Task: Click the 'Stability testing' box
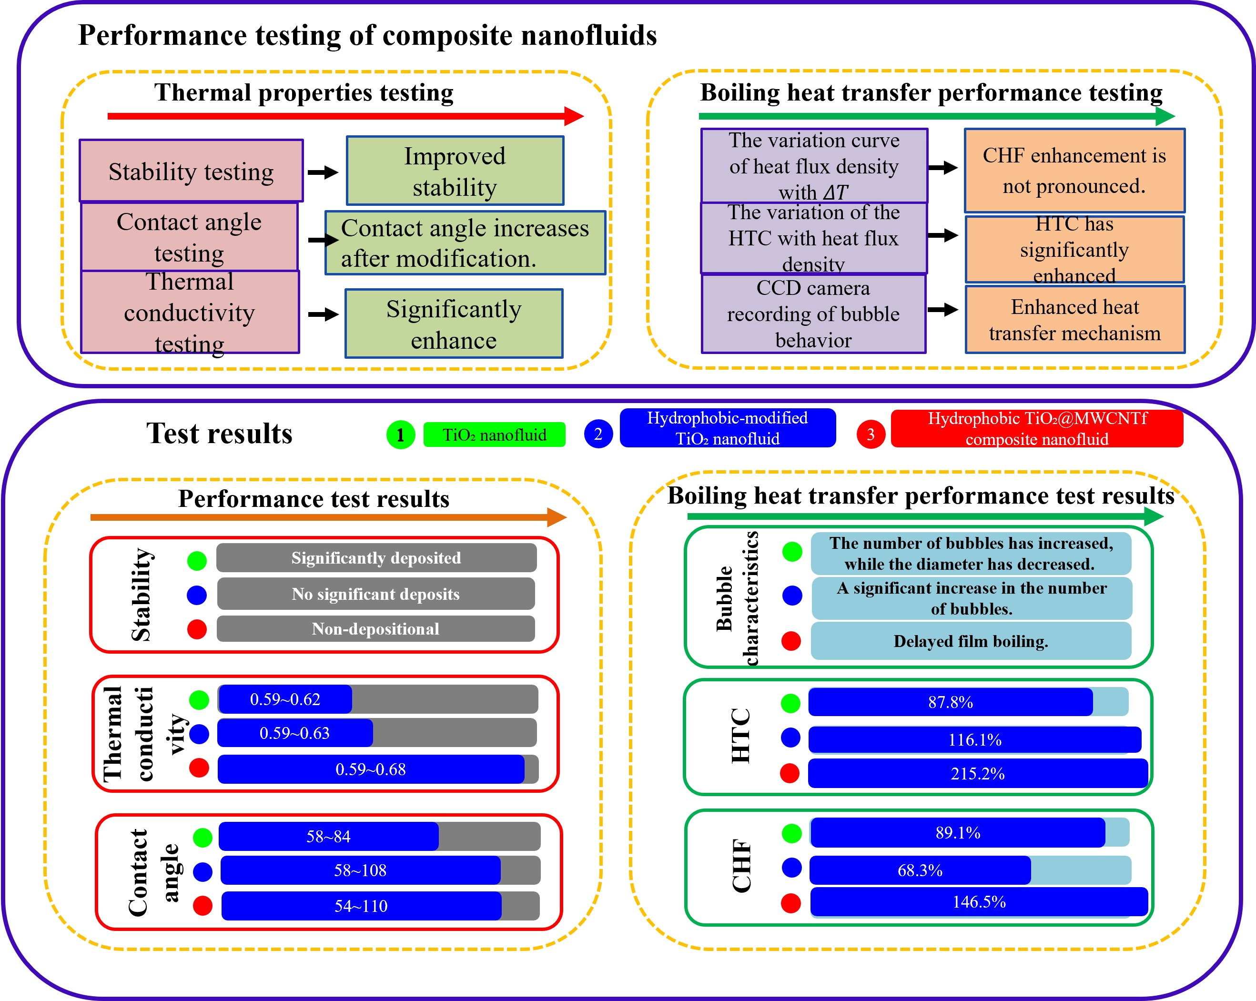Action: [x=191, y=171]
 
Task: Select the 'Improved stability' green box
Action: [x=455, y=171]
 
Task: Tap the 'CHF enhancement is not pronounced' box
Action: [x=1074, y=170]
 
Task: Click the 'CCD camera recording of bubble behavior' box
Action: [x=813, y=313]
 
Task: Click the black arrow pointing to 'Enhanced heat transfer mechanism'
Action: [x=943, y=309]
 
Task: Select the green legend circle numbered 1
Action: [x=400, y=435]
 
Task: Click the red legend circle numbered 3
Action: [x=871, y=434]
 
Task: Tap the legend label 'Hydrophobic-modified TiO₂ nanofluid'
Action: [x=727, y=428]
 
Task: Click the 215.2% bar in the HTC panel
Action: [x=978, y=773]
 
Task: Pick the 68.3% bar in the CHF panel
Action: [x=920, y=870]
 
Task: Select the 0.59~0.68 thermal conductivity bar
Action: [x=371, y=769]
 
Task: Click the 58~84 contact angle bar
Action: [x=329, y=836]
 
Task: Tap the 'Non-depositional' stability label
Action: [x=376, y=629]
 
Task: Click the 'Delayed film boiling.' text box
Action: [x=971, y=641]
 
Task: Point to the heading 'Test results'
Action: [x=219, y=434]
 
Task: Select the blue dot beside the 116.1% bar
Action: [x=790, y=738]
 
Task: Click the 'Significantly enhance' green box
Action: [x=454, y=324]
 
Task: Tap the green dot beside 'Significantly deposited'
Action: [x=197, y=560]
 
